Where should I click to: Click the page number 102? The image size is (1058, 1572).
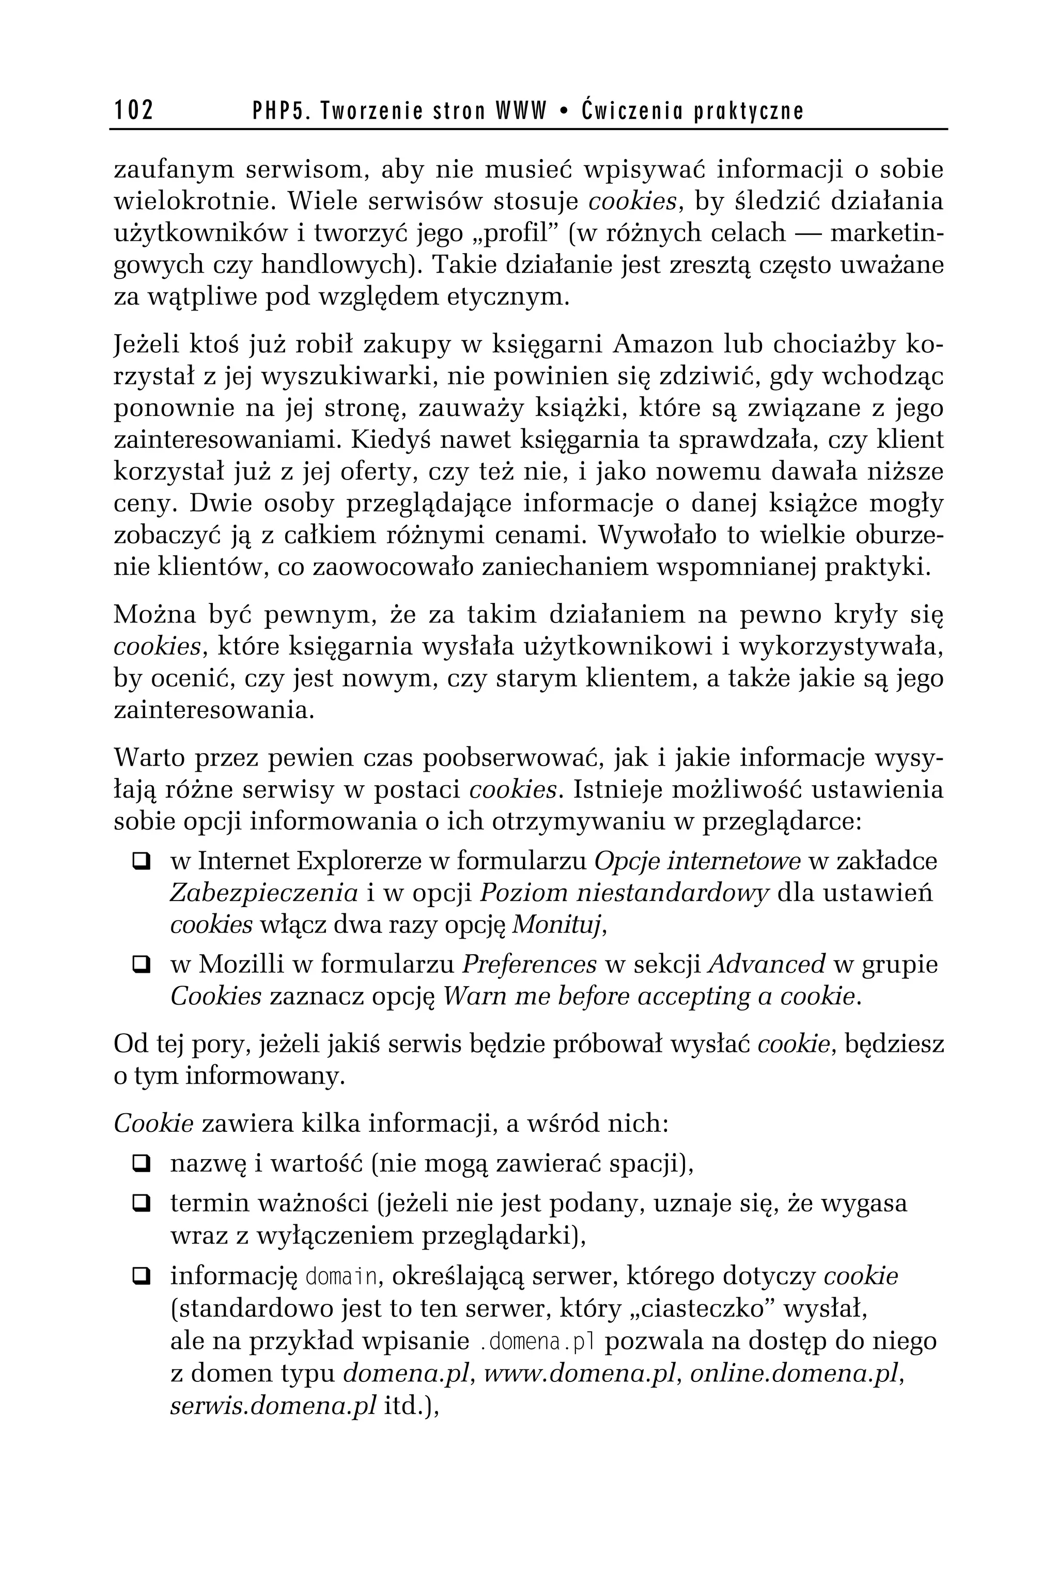tap(134, 110)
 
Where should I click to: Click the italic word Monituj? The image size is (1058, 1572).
tap(558, 925)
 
